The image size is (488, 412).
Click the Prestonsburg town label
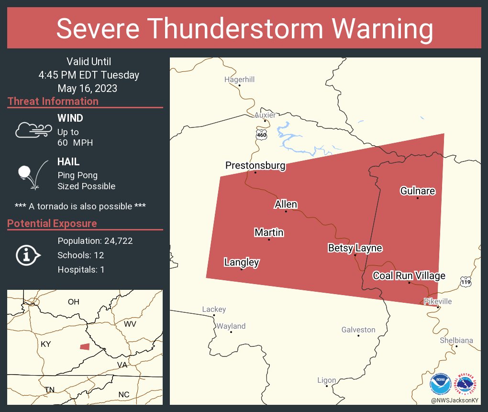(x=255, y=166)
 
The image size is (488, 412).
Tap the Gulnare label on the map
(x=417, y=191)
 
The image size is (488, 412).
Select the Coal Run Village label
(x=409, y=275)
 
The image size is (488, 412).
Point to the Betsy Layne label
(x=355, y=248)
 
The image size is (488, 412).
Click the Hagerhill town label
(x=239, y=79)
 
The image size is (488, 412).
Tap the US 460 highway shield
(x=261, y=135)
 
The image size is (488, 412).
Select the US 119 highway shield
(x=466, y=282)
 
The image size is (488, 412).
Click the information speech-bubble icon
(x=28, y=255)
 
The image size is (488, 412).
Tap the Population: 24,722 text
(x=95, y=241)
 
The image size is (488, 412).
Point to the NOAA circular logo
(x=440, y=384)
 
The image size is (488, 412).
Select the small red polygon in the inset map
(x=85, y=346)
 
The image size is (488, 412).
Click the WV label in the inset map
(x=130, y=324)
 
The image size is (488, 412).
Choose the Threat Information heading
(x=53, y=101)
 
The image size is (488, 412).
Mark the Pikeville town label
(x=437, y=301)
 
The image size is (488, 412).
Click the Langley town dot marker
(x=241, y=269)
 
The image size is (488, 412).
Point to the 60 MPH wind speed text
(x=75, y=143)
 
